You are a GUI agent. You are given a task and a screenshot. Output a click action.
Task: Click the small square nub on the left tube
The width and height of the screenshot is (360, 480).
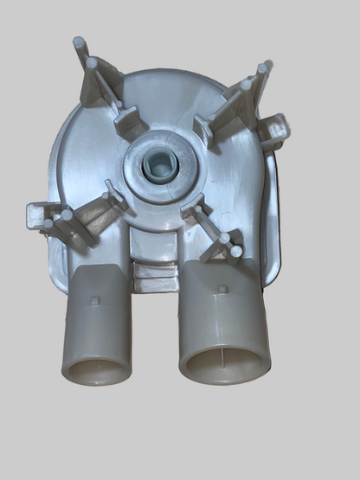(x=95, y=301)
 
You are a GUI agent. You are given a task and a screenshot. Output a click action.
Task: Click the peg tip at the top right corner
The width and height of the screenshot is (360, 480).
(x=267, y=66)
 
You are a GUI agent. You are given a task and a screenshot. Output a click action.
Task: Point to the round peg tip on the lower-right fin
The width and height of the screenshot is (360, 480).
(x=235, y=252)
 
